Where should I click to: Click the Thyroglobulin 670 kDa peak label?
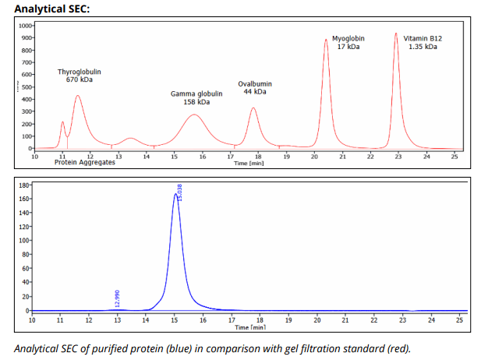[x=80, y=76]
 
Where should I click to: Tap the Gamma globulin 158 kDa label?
[x=196, y=98]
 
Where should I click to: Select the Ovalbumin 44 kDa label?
[x=255, y=88]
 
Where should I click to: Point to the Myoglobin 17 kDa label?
[x=348, y=43]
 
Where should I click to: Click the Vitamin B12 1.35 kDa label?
[x=423, y=43]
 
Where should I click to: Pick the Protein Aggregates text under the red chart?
[x=85, y=162]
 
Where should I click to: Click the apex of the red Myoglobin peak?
[x=326, y=39]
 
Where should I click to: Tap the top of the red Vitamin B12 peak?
[x=396, y=34]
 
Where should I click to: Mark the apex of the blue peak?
[x=175, y=193]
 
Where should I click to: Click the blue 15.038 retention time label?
[x=180, y=192]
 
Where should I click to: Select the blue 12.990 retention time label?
[x=117, y=298]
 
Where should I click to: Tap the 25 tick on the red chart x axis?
[x=454, y=157]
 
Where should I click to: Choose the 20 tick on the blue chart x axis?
[x=317, y=320]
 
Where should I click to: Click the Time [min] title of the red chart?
[x=249, y=163]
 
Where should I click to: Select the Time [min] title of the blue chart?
[x=250, y=327]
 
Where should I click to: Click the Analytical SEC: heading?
[x=52, y=9]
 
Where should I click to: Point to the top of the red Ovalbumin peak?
[x=253, y=108]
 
